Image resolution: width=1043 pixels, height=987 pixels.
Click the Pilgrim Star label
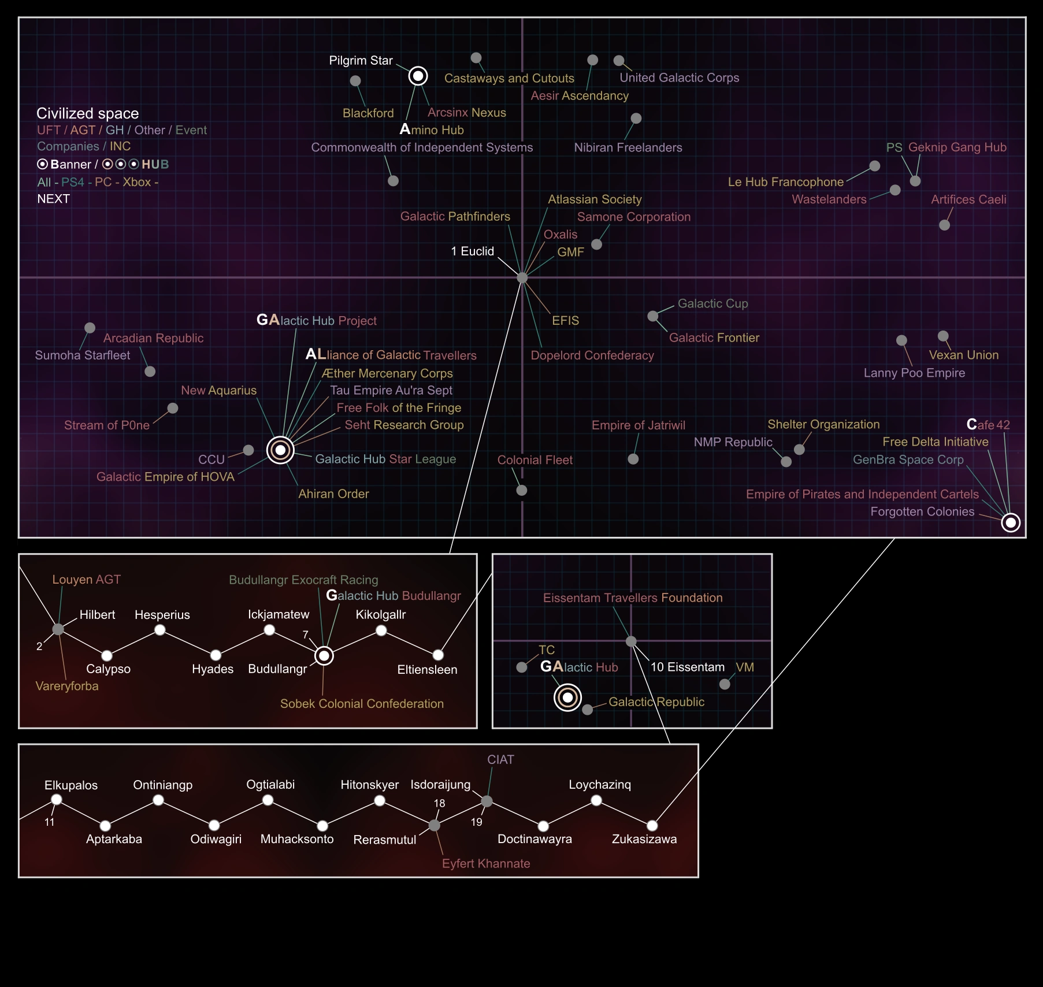click(x=361, y=61)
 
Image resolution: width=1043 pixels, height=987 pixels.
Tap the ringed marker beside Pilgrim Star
click(x=418, y=76)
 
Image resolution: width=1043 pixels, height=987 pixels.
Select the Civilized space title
click(x=87, y=113)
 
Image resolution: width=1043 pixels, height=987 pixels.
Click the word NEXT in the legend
click(x=53, y=199)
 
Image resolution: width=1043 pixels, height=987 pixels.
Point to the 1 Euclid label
click(x=472, y=251)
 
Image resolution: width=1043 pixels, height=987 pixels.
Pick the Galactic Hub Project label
click(x=316, y=320)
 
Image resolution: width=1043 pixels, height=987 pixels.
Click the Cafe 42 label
click(x=988, y=425)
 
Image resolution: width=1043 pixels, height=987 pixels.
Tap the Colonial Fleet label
click(x=535, y=460)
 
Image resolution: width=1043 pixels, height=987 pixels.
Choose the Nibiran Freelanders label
click(x=628, y=147)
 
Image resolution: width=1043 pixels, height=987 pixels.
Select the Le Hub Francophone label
click(x=785, y=182)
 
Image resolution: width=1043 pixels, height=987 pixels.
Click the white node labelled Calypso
click(x=107, y=655)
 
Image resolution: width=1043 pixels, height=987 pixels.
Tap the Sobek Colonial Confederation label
click(x=362, y=704)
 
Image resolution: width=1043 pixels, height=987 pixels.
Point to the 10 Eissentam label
click(x=687, y=667)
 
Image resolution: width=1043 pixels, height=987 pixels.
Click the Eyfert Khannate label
click(x=485, y=863)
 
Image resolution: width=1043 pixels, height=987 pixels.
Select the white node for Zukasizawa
click(x=652, y=825)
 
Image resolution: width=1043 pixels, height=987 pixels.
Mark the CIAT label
click(x=500, y=760)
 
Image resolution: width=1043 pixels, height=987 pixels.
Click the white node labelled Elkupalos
click(x=57, y=800)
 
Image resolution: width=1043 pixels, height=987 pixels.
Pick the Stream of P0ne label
click(x=106, y=425)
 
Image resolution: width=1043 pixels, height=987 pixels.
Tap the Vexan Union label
click(x=963, y=355)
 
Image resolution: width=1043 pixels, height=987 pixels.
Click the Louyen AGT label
click(x=86, y=580)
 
